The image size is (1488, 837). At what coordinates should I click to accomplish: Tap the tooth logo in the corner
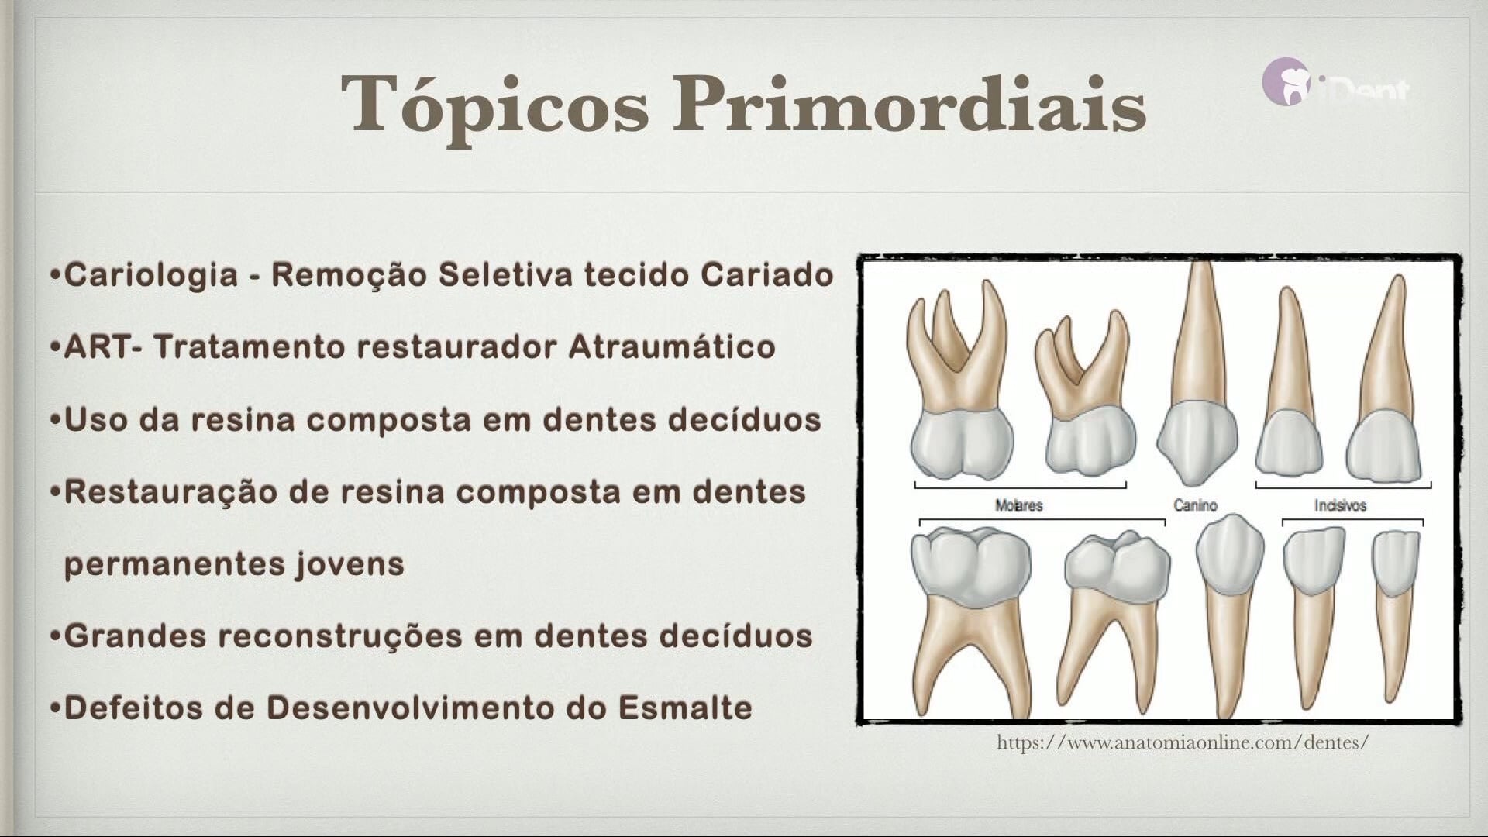tap(1286, 82)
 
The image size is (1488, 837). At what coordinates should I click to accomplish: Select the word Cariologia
tap(151, 275)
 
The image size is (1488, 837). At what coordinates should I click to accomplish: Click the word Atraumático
tap(672, 346)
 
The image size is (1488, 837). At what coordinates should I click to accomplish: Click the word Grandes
tap(134, 635)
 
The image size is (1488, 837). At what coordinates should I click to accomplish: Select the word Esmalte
tap(685, 708)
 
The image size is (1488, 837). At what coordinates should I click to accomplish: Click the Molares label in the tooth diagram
tap(1018, 505)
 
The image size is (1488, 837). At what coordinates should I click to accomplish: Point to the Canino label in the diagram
tap(1195, 505)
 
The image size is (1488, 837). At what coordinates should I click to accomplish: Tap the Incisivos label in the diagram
tap(1340, 505)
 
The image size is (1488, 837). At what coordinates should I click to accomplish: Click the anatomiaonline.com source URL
tap(1183, 742)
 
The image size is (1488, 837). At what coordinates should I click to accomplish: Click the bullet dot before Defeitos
tap(55, 708)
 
